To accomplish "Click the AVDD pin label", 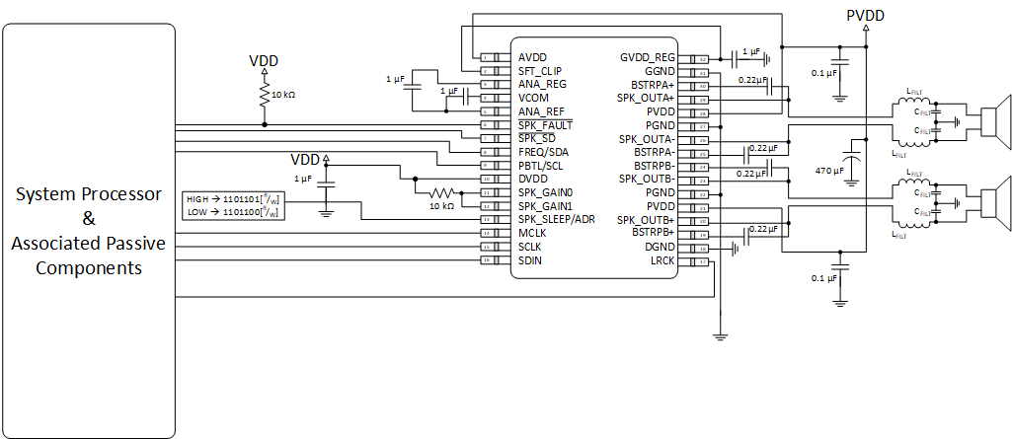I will [x=532, y=57].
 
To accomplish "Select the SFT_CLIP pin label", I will [x=539, y=71].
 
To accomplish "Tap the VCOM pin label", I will [x=534, y=99].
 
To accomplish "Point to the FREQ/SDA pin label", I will [x=543, y=152].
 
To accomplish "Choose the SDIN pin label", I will [x=530, y=260].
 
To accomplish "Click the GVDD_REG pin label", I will [x=647, y=57].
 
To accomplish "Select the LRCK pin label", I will [x=662, y=260].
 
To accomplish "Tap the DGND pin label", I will [x=660, y=247].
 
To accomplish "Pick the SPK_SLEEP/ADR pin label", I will [x=557, y=219].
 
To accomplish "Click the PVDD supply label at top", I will [x=866, y=15].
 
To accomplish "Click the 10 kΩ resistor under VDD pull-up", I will [x=265, y=95].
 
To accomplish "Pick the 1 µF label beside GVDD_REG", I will [x=749, y=51].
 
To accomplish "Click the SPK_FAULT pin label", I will [x=545, y=125].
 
